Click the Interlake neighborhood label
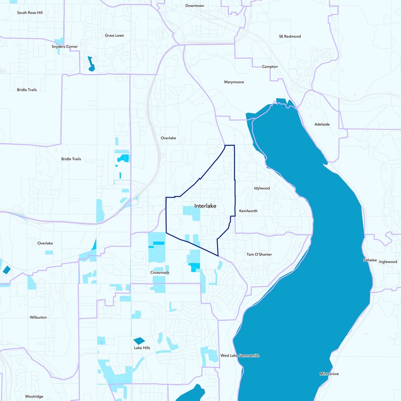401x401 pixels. (x=205, y=206)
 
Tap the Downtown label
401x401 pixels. (x=194, y=6)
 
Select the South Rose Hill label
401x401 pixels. (x=30, y=13)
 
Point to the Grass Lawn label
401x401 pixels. (x=114, y=36)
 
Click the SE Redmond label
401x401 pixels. (x=289, y=37)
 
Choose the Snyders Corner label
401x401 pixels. (x=65, y=47)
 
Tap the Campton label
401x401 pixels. (x=270, y=67)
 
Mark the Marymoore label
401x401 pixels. (x=234, y=82)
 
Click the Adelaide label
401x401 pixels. (x=322, y=124)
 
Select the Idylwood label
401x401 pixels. (x=262, y=188)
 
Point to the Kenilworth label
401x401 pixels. (x=248, y=211)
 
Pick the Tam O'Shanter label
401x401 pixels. (x=259, y=255)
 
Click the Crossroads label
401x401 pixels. (x=160, y=273)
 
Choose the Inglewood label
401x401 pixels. (x=388, y=262)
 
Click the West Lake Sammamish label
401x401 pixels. (x=240, y=356)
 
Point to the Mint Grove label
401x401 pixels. (x=329, y=374)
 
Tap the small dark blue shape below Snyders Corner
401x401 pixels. (x=91, y=64)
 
